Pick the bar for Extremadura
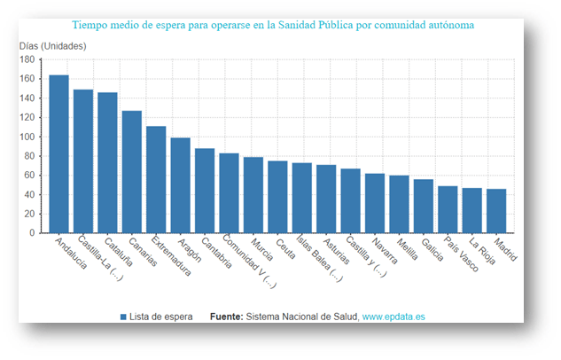(156, 179)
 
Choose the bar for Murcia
(253, 194)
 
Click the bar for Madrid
(496, 210)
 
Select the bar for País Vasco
(448, 208)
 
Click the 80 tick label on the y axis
(28, 156)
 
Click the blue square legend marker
(123, 317)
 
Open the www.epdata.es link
(394, 317)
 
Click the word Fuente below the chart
(226, 317)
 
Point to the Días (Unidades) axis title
(54, 45)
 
